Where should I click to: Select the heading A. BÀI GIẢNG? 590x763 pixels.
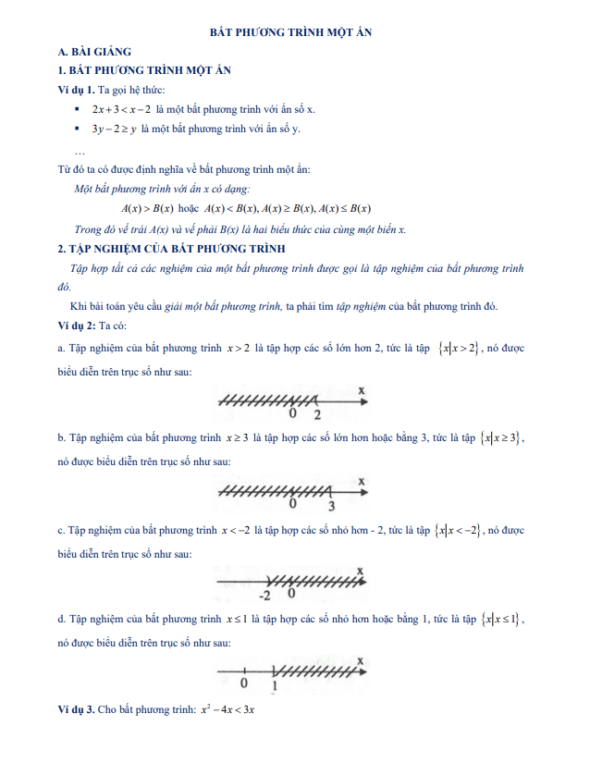(x=95, y=52)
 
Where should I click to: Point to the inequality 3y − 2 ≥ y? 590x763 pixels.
(x=115, y=129)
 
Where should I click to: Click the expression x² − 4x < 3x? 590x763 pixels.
(x=227, y=711)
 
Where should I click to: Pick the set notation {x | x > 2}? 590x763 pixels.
(x=459, y=349)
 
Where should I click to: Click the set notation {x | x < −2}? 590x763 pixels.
(x=460, y=531)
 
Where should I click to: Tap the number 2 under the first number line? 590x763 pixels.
(x=316, y=415)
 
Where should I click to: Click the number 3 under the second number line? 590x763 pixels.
(x=331, y=506)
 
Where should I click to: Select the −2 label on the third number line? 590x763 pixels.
(x=264, y=594)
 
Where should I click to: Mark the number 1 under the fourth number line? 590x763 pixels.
(x=275, y=685)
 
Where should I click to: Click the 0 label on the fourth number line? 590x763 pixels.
(x=243, y=683)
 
